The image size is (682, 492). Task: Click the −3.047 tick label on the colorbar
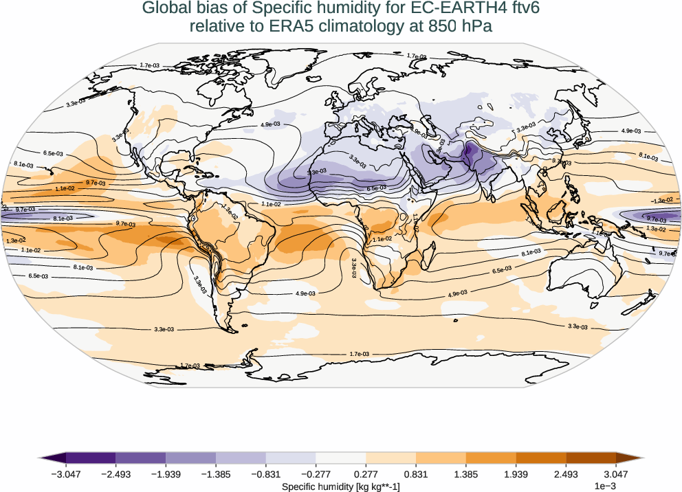(x=66, y=473)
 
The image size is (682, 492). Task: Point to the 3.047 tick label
(x=615, y=473)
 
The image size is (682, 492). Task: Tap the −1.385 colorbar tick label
(x=216, y=473)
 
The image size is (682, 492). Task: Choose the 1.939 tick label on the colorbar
(x=516, y=473)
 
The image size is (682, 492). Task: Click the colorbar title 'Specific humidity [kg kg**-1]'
(x=341, y=486)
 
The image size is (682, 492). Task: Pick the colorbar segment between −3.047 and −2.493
(x=91, y=458)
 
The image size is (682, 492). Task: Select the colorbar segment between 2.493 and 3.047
(x=591, y=458)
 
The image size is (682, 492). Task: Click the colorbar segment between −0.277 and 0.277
(x=341, y=458)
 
